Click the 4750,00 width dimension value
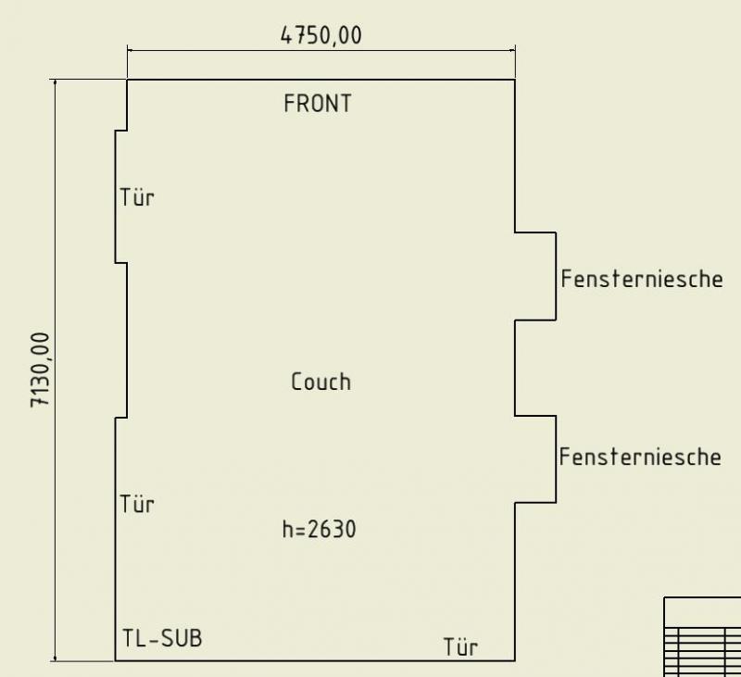tap(320, 35)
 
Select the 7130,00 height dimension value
tap(40, 370)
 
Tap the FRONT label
tap(318, 104)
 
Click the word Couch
tap(320, 382)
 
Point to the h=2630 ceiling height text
tap(319, 529)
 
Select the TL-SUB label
tap(162, 638)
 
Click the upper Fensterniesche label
tap(642, 279)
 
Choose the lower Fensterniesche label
tap(640, 457)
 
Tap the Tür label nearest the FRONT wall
tap(137, 197)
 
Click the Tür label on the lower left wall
tap(137, 504)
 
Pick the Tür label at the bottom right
tap(460, 646)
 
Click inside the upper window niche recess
tap(535, 276)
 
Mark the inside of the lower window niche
tap(535, 459)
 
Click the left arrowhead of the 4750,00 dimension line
tap(131, 50)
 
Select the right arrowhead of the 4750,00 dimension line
tap(512, 50)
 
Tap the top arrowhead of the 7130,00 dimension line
tap(56, 83)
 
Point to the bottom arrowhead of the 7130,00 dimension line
tap(56, 658)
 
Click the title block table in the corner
tap(703, 637)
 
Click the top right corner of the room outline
tap(515, 80)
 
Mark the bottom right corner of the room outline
tap(515, 660)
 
